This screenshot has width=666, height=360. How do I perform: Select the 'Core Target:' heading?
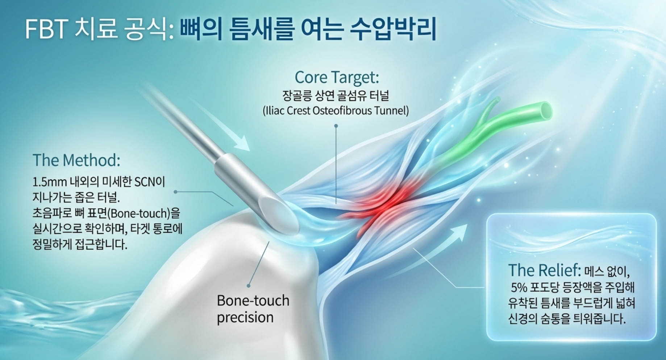337,77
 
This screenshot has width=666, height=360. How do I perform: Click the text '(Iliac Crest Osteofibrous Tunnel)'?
336,111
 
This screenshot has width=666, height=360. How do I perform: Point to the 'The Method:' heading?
76,160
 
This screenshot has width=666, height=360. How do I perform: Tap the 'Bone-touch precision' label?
253,309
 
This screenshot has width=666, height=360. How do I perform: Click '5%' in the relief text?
519,288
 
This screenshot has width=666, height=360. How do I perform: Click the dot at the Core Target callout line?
336,126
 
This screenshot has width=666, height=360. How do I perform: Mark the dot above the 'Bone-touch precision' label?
249,286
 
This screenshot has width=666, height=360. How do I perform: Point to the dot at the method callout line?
176,192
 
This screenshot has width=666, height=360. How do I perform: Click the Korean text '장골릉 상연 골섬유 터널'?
336,96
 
